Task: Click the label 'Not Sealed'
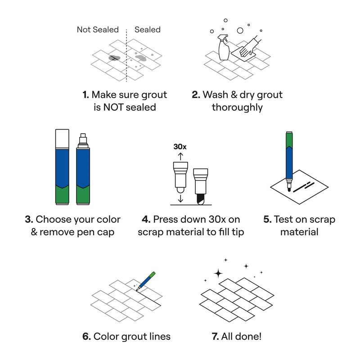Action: [x=97, y=30]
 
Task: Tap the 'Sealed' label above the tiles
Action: [x=148, y=30]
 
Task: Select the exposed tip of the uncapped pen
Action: [x=82, y=139]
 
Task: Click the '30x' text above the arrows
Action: [x=180, y=146]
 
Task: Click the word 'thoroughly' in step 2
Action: [x=237, y=108]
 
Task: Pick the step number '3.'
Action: [x=29, y=220]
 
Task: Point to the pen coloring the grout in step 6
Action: [x=146, y=280]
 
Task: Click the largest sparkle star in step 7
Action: [x=219, y=273]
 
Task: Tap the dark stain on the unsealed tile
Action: [x=114, y=58]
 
